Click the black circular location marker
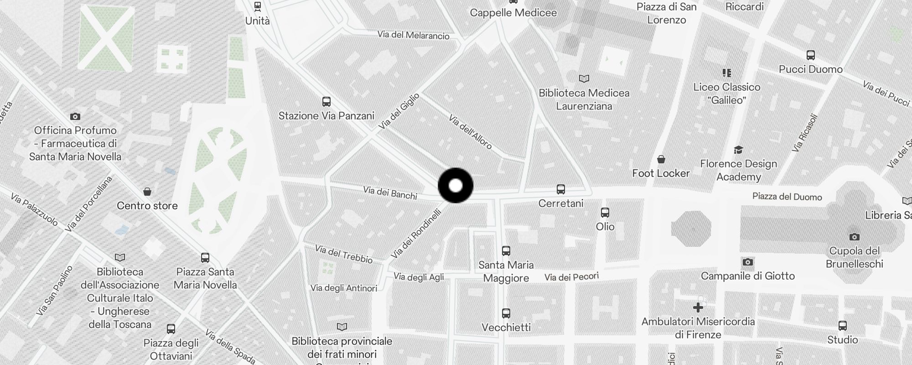(456, 186)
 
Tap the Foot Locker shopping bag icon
(661, 159)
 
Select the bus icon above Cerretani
(561, 189)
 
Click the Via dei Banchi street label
(390, 193)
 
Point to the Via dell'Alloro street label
(470, 132)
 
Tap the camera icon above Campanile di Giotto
(747, 262)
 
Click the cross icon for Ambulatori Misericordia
(698, 308)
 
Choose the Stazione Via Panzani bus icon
(326, 101)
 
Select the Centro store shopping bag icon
(147, 192)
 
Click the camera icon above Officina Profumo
(75, 116)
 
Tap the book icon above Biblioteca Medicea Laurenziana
(584, 78)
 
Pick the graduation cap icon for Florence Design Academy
(738, 150)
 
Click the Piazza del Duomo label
(787, 197)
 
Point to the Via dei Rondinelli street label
(415, 234)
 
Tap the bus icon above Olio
(605, 212)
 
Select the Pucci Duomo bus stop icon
(810, 55)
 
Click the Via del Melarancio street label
(413, 35)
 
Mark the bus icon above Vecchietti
(506, 313)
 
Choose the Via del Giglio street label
(399, 110)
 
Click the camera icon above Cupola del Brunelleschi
(854, 237)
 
